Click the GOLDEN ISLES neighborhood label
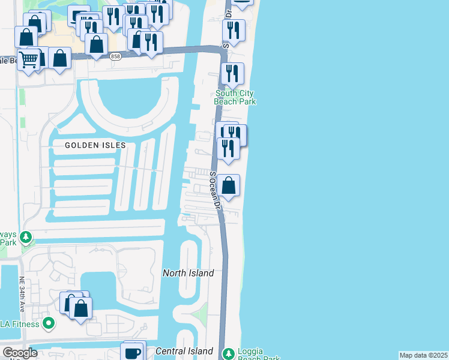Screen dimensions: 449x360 tap(95, 145)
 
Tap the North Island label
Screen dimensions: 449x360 tap(188, 273)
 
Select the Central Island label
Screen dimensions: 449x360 tap(184, 350)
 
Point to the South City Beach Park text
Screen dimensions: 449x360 tap(235, 97)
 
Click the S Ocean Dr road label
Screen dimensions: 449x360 tap(214, 190)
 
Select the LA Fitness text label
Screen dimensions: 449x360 tap(20, 324)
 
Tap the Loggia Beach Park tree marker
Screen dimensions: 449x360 tap(228, 353)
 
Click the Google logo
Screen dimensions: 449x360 tap(20, 353)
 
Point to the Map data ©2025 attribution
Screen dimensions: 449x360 tap(424, 355)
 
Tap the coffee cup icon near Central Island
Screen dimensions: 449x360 tap(133, 352)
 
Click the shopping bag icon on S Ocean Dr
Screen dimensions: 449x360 tap(229, 185)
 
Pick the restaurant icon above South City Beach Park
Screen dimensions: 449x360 tap(232, 73)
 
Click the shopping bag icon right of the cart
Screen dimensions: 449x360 tap(59, 59)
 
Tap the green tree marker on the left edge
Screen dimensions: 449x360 tap(26, 238)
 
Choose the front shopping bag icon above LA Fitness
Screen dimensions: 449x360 tap(81, 308)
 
